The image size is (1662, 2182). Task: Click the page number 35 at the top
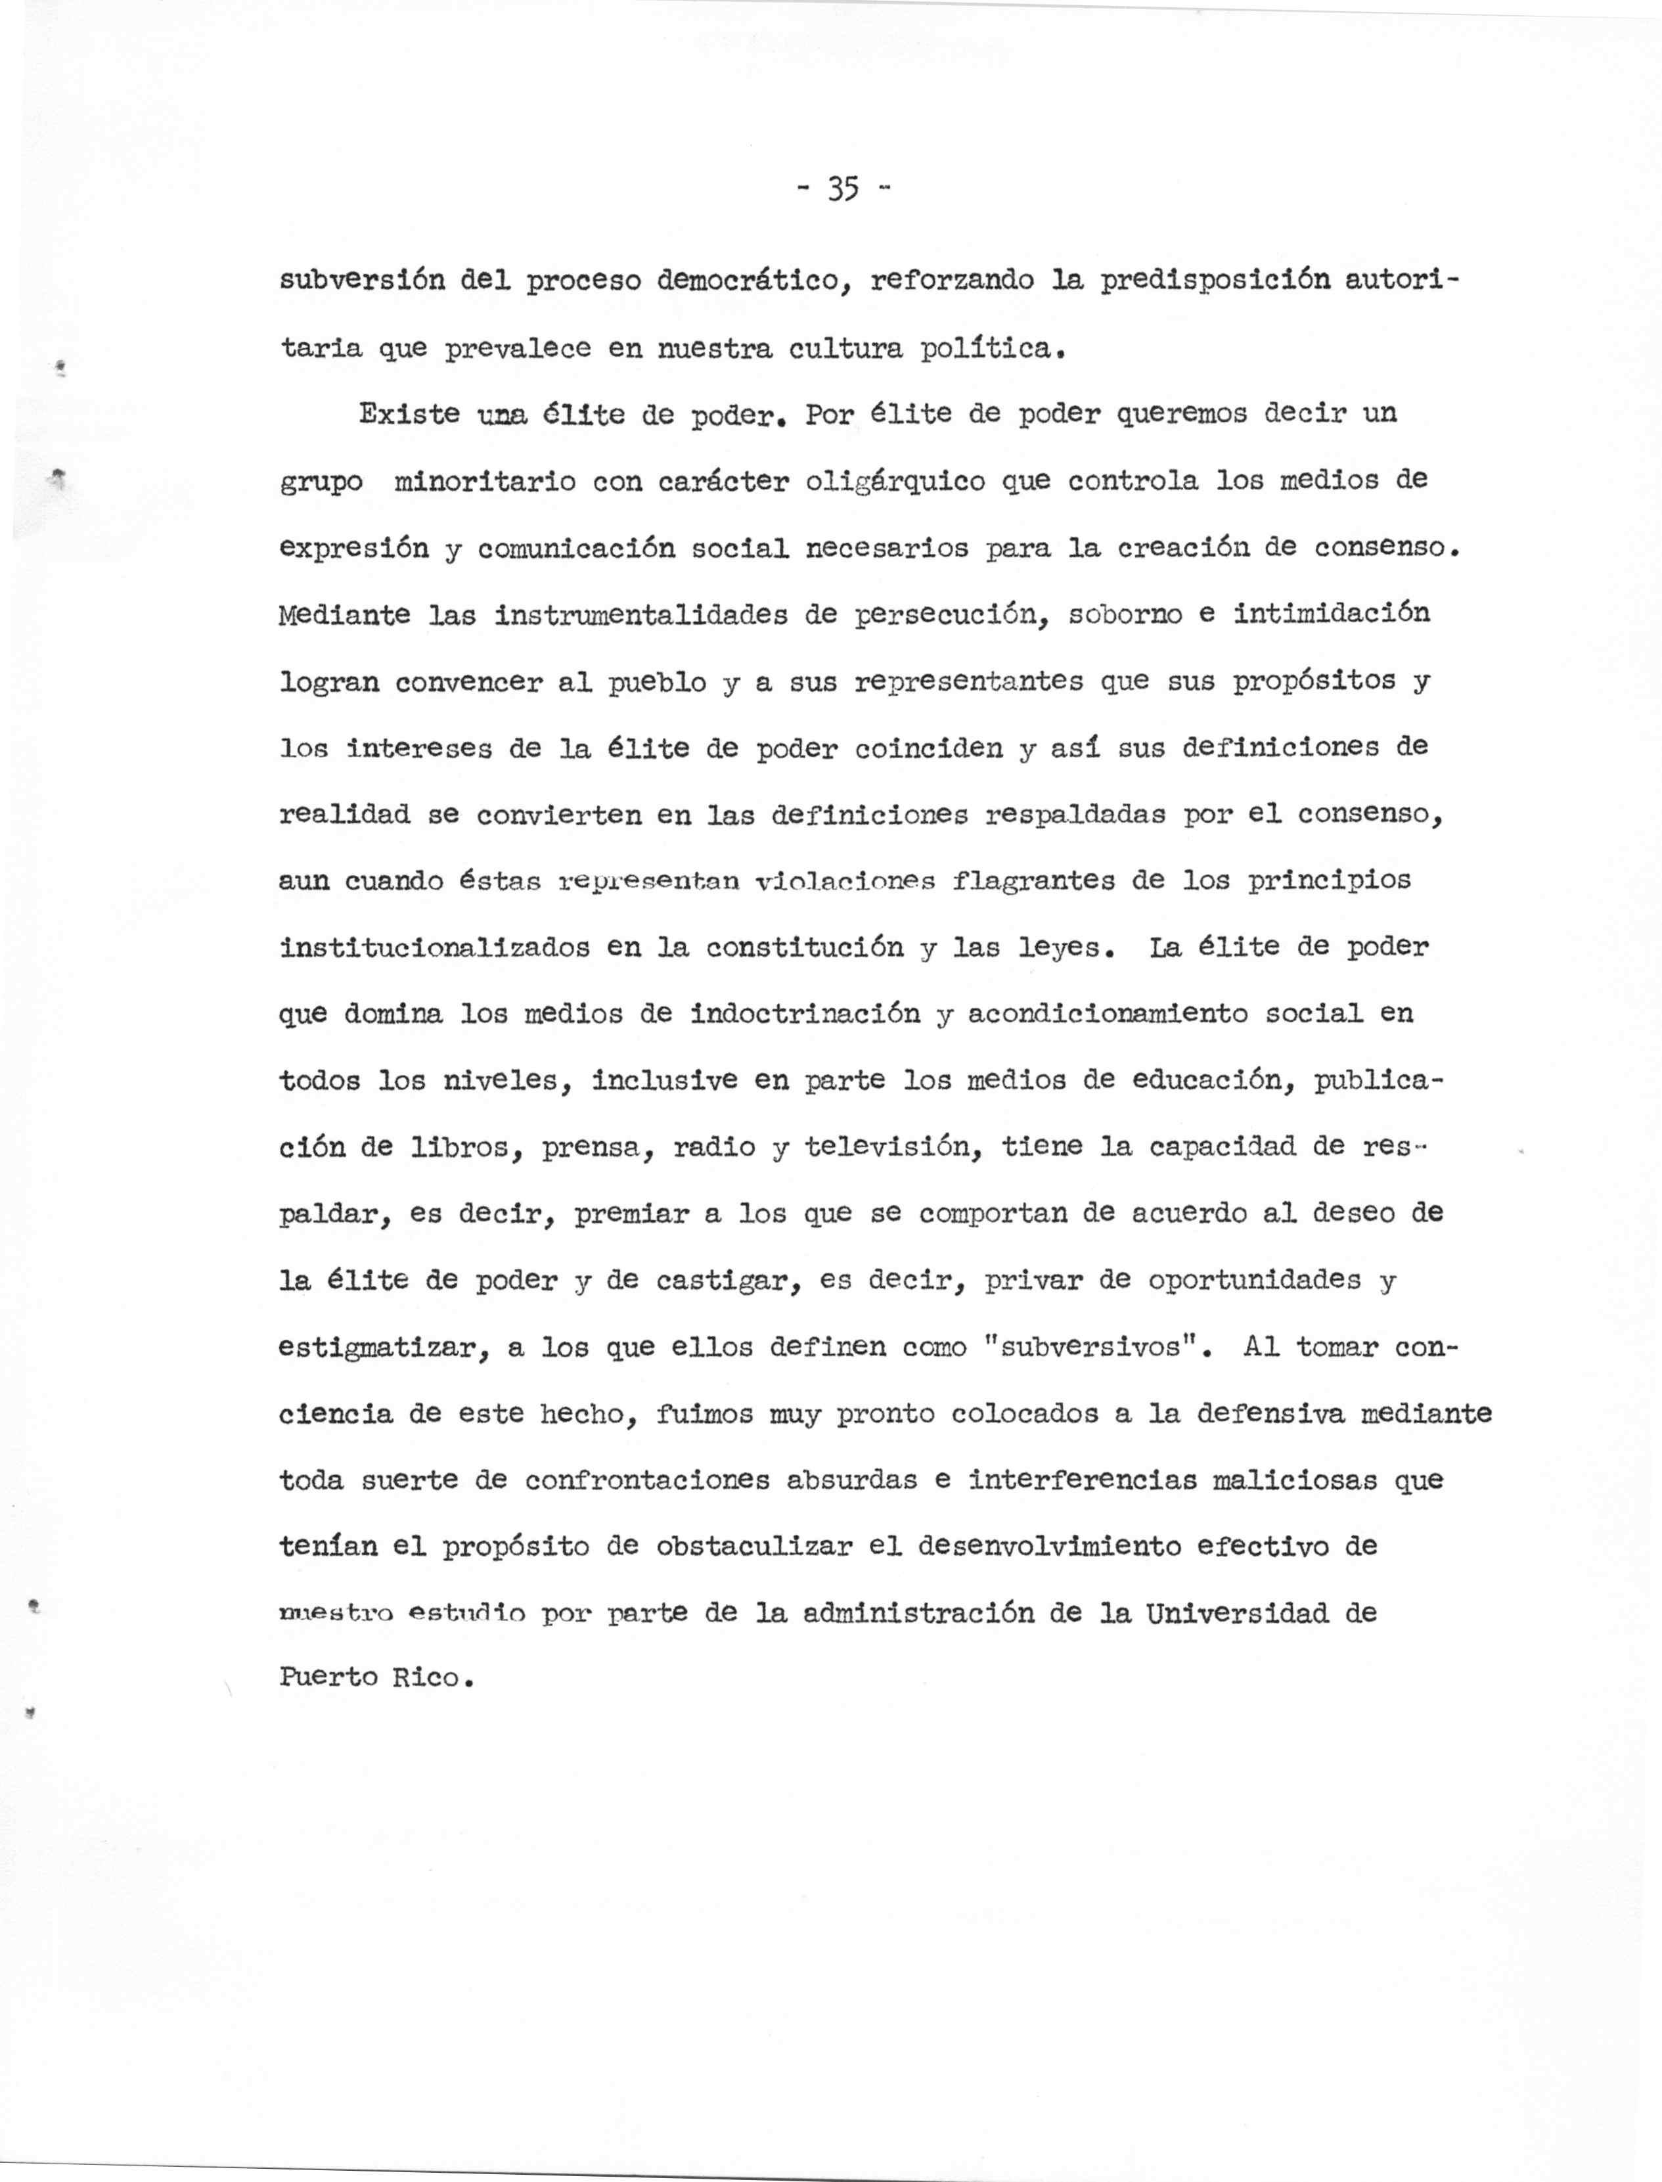pyautogui.click(x=842, y=188)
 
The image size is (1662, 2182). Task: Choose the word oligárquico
pyautogui.click(x=895, y=482)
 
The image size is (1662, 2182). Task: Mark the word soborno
pyautogui.click(x=1125, y=614)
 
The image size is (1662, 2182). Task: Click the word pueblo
pyautogui.click(x=657, y=683)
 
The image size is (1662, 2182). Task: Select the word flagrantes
pyautogui.click(x=1034, y=880)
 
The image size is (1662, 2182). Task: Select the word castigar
pyautogui.click(x=729, y=1281)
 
